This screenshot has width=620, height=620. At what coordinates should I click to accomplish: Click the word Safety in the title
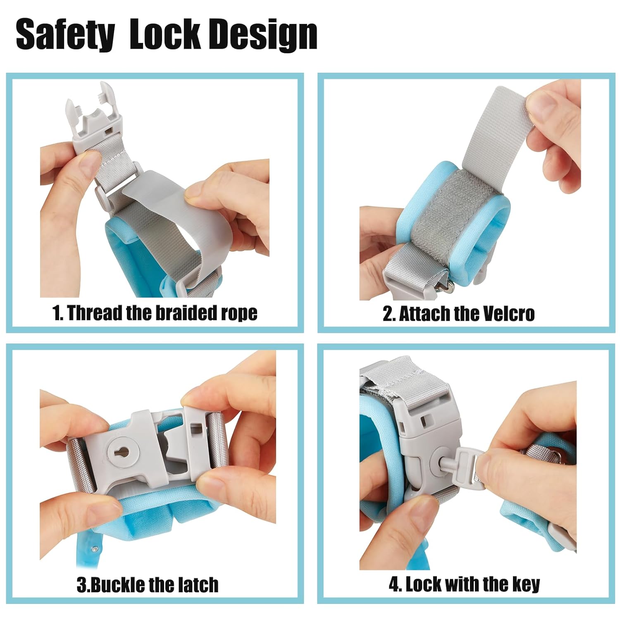(65, 35)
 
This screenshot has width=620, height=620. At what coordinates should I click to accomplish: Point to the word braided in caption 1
(186, 313)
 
